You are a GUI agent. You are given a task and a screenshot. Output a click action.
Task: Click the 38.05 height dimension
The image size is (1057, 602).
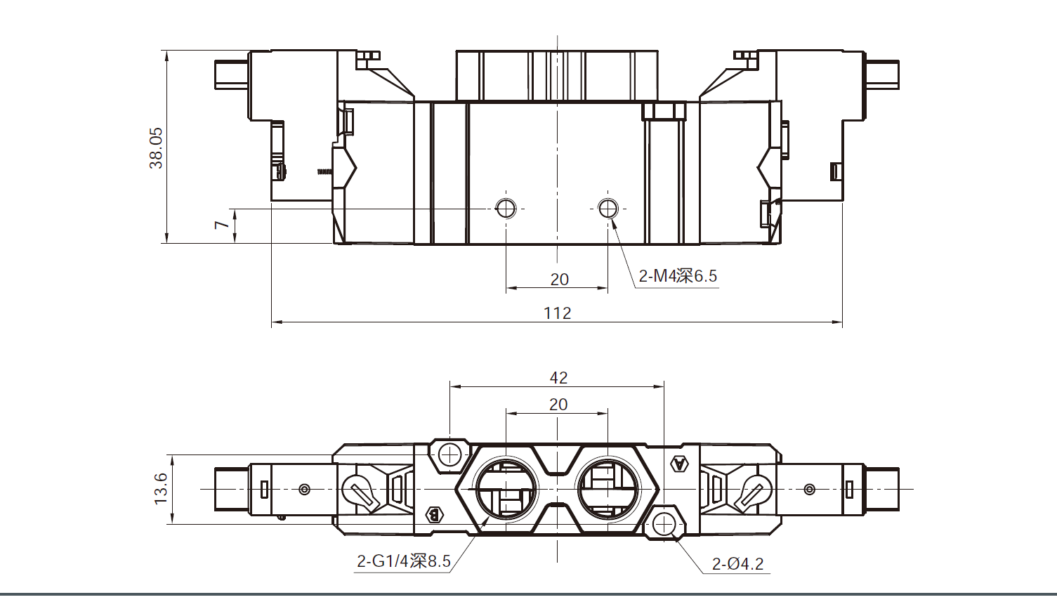(156, 148)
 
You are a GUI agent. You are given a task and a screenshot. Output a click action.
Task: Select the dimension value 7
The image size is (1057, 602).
(222, 225)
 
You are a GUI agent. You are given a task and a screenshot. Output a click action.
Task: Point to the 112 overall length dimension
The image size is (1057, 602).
(557, 313)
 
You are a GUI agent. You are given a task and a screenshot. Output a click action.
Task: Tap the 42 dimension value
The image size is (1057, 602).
(558, 377)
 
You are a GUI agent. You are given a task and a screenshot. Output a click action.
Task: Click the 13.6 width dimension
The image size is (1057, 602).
(161, 488)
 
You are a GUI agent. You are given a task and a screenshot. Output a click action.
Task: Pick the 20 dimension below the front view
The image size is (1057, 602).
(559, 279)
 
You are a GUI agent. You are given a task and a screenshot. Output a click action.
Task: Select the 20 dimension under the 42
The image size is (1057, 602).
(558, 404)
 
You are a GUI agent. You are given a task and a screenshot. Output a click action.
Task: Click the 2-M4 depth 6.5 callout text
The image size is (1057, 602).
(678, 276)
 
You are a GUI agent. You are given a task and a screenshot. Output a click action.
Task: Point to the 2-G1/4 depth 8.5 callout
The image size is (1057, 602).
(403, 561)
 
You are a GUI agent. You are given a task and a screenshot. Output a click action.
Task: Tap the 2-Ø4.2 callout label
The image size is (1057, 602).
(737, 563)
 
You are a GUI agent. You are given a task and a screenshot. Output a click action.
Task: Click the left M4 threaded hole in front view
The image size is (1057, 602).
(506, 208)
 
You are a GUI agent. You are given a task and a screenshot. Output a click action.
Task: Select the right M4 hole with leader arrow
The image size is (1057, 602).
(608, 208)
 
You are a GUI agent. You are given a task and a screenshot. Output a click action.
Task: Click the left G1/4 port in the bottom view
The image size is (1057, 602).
(506, 489)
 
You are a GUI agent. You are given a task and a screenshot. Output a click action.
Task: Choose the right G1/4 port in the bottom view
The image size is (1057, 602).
(608, 489)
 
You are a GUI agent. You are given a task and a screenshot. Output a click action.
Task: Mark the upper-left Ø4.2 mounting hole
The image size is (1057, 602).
(449, 455)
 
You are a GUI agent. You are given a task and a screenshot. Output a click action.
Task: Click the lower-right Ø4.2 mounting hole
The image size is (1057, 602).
(664, 523)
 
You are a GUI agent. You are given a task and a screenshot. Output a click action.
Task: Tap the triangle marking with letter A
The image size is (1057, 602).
(679, 464)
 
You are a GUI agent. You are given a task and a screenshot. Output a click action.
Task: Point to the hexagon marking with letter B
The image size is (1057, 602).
(435, 515)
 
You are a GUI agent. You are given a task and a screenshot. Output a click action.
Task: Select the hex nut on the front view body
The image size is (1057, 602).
(663, 110)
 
